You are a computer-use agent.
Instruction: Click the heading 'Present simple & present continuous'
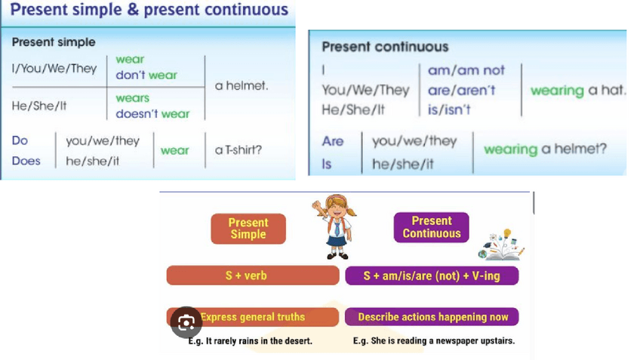click(149, 9)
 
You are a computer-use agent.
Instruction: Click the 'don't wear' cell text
click(146, 75)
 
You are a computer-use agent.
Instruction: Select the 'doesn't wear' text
click(152, 113)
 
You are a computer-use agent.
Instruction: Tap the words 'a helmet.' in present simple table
click(242, 86)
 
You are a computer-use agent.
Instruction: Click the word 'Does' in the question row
click(26, 161)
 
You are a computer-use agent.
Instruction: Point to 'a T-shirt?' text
click(238, 149)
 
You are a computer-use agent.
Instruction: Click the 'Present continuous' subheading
click(385, 47)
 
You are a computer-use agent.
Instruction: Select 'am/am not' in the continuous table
click(466, 70)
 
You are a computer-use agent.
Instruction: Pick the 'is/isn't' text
click(449, 109)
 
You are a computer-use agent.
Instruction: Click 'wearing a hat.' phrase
click(578, 91)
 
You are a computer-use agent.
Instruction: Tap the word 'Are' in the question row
click(333, 141)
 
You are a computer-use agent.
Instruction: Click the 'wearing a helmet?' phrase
click(546, 149)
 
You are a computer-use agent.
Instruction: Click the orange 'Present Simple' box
click(248, 229)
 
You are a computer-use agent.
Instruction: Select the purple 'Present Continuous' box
click(432, 227)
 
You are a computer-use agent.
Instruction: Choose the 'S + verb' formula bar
click(253, 275)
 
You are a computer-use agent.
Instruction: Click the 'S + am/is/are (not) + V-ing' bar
click(432, 275)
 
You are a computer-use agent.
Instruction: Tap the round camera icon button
click(186, 322)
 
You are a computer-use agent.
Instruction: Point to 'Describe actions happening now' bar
click(432, 317)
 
